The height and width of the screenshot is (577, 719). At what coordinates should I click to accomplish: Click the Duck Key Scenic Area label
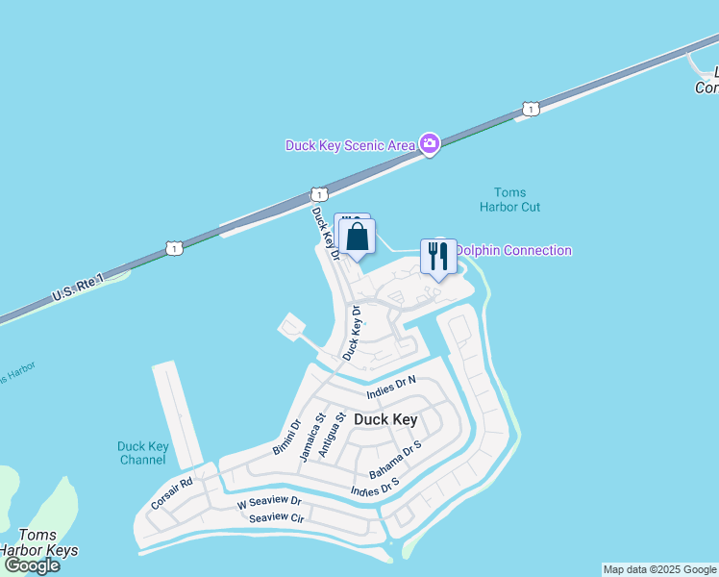coord(350,145)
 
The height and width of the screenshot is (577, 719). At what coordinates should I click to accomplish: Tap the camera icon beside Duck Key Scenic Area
coord(429,145)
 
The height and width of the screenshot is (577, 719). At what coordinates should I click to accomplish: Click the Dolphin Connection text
coord(513,251)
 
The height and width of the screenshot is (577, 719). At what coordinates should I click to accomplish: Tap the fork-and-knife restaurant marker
coord(438,256)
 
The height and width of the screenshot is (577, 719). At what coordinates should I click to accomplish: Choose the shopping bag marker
coord(357,238)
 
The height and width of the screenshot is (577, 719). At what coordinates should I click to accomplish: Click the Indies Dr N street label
coord(390,387)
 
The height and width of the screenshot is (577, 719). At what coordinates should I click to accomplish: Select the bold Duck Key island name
coord(385,419)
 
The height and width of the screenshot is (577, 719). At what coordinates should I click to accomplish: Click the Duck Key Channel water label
coord(143,453)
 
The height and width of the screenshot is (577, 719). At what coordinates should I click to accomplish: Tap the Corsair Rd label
coord(172,492)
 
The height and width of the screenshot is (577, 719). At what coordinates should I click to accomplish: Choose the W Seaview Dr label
coord(269,502)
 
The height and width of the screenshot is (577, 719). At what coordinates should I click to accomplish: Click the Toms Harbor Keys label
coord(39,543)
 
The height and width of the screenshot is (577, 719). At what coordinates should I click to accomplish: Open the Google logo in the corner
coord(31,565)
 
